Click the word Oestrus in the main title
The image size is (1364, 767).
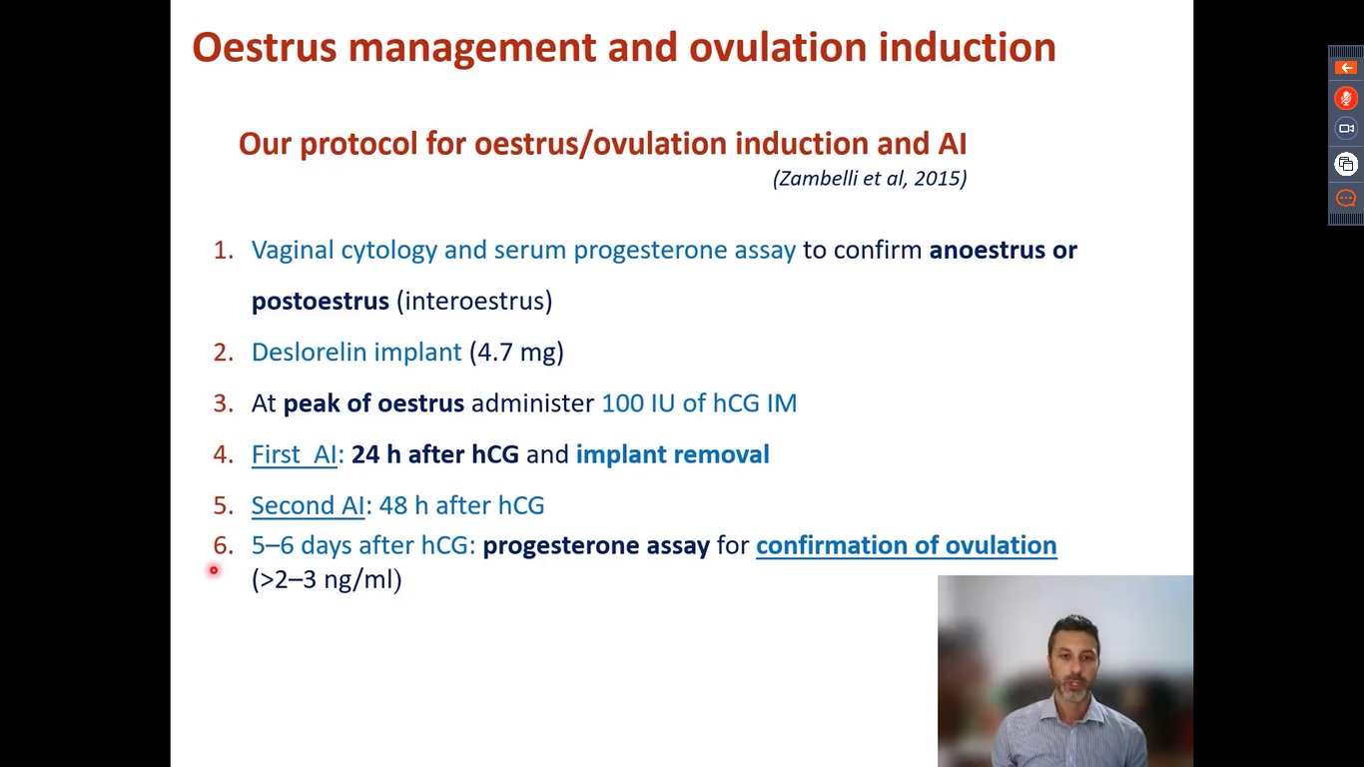[265, 48]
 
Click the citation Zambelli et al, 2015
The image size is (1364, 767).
[870, 178]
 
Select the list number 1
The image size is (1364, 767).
[223, 250]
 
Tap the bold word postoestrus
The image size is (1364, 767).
[321, 301]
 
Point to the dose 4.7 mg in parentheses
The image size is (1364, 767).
[516, 353]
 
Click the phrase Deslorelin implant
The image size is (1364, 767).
[356, 353]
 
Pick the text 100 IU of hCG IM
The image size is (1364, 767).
[699, 403]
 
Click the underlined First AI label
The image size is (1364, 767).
[295, 454]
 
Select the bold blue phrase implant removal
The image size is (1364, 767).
[672, 454]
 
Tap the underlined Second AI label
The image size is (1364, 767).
[309, 505]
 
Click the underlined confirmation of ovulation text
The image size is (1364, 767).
[906, 545]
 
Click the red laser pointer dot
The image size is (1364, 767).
[214, 570]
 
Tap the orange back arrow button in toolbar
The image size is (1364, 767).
[1346, 68]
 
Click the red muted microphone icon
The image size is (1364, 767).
[1346, 98]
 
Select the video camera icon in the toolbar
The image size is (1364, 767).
[1346, 129]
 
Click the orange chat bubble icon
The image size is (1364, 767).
[1346, 198]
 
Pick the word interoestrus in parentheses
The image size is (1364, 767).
[474, 301]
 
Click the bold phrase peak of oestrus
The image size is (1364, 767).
[373, 403]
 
